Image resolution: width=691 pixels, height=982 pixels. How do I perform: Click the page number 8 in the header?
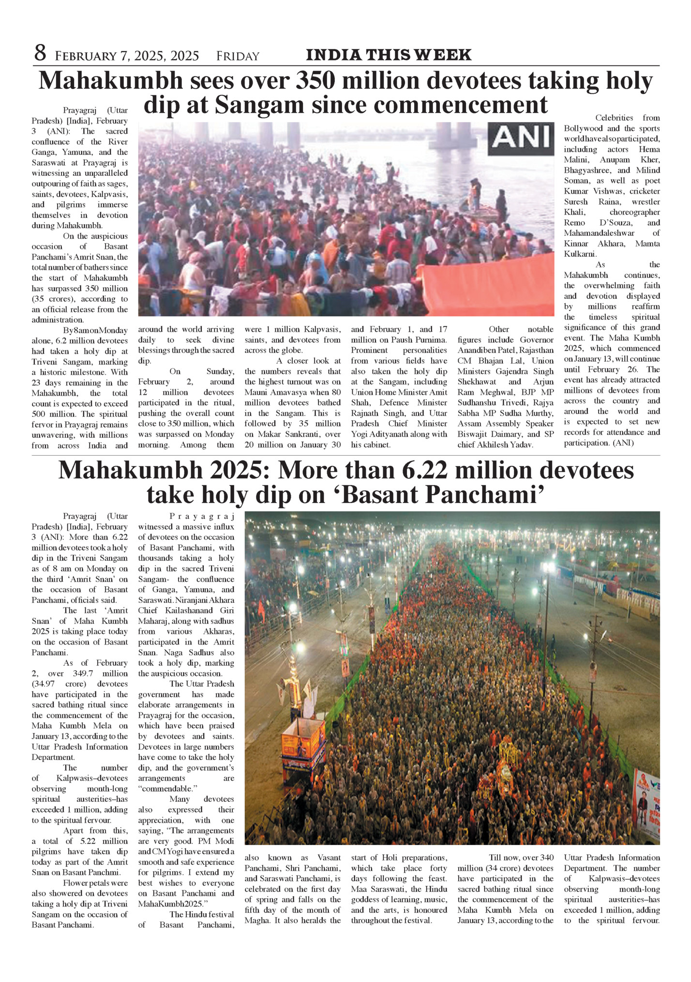40,53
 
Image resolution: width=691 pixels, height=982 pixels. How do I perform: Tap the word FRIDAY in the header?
238,56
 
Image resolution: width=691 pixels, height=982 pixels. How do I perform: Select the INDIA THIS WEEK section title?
389,55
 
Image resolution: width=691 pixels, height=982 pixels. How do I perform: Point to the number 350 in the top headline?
315,81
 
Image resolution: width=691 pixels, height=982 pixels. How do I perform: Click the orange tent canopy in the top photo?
489,286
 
